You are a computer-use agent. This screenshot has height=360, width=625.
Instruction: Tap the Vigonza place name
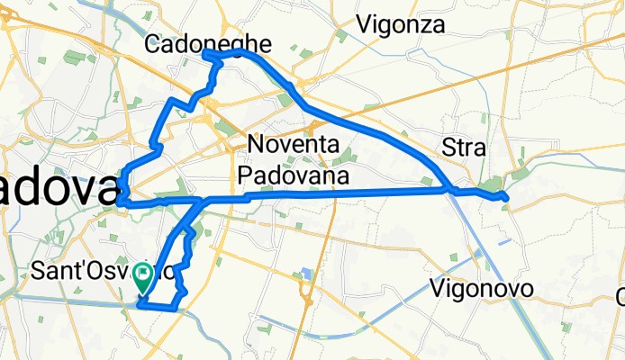tap(400, 25)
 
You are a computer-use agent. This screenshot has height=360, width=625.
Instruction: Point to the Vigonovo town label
tap(482, 289)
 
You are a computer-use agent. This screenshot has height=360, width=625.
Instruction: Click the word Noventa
tap(292, 145)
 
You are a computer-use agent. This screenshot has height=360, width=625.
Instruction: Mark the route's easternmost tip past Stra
tap(507, 197)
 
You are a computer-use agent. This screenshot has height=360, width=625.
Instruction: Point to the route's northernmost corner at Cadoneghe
tap(207, 54)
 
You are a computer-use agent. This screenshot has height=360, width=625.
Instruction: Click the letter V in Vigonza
tap(365, 25)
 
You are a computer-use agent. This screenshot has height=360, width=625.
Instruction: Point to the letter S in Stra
tap(448, 148)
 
